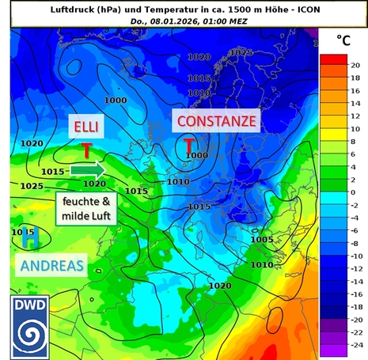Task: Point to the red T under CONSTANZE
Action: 190,146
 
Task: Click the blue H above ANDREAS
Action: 30,236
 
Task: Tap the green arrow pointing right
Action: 87,169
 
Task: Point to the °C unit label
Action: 343,40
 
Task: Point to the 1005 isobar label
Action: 261,239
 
